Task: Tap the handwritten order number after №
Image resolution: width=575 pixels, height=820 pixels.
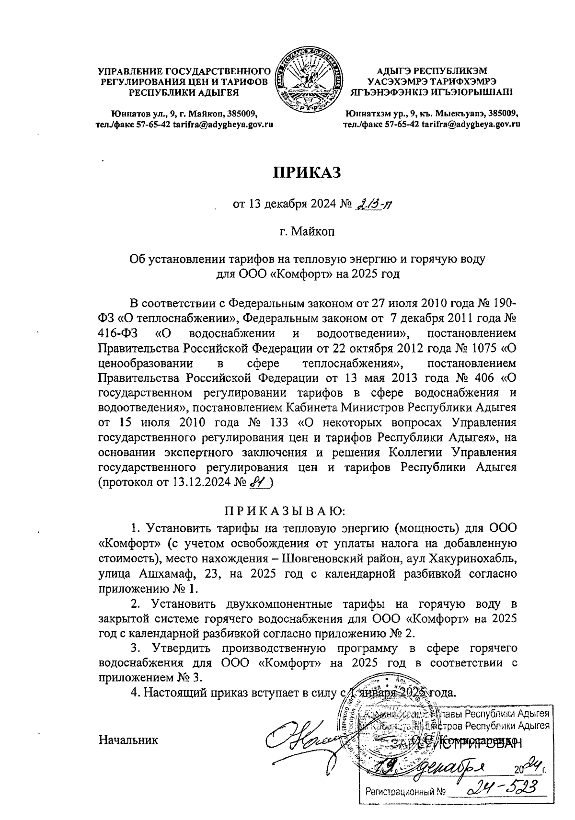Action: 375,205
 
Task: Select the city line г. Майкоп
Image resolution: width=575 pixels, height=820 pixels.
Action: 307,233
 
